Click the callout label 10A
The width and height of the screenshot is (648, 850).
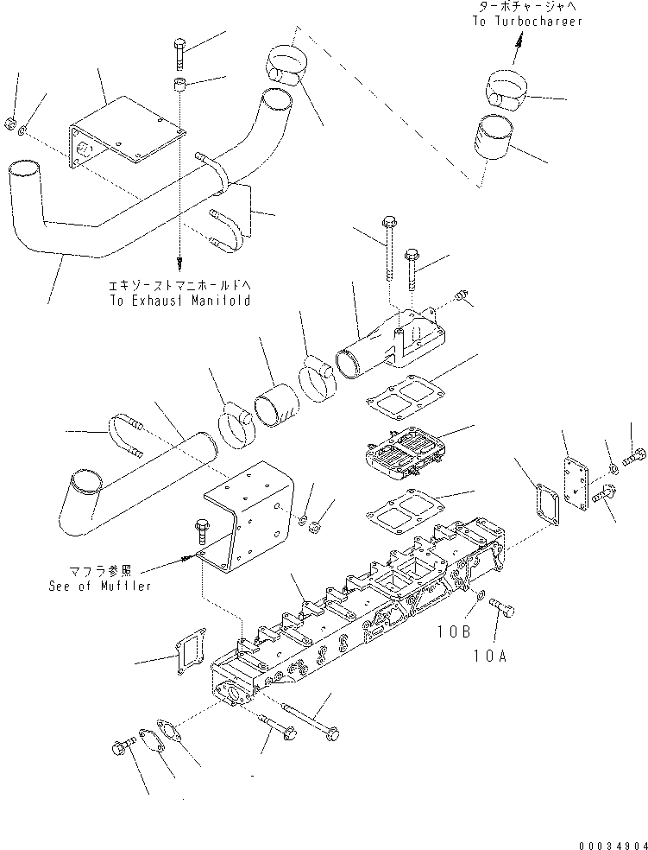pos(491,655)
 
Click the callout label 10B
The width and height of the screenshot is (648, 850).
pos(453,631)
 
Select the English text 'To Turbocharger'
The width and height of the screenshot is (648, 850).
pos(526,22)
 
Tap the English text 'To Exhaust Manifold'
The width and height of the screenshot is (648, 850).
pos(179,301)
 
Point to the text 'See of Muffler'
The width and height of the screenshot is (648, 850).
pos(100,586)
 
